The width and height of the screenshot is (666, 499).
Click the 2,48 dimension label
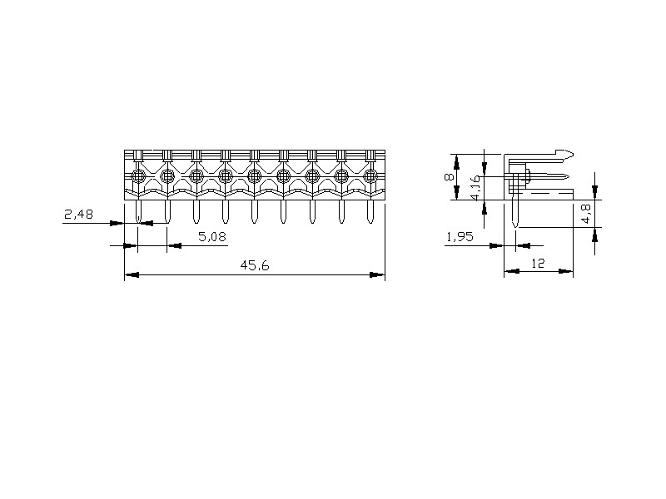click(78, 215)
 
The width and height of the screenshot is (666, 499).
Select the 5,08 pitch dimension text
click(212, 236)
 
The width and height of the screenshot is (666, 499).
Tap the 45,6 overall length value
click(255, 265)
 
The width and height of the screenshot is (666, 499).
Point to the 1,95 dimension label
click(460, 236)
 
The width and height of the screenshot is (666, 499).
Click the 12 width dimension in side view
click(538, 264)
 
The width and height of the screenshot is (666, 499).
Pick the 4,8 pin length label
click(586, 214)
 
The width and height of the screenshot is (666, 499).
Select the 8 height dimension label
click(449, 176)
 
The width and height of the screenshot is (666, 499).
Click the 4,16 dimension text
click(475, 188)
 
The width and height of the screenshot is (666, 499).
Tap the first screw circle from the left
click(138, 175)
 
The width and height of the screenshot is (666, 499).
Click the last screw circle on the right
click(370, 175)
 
